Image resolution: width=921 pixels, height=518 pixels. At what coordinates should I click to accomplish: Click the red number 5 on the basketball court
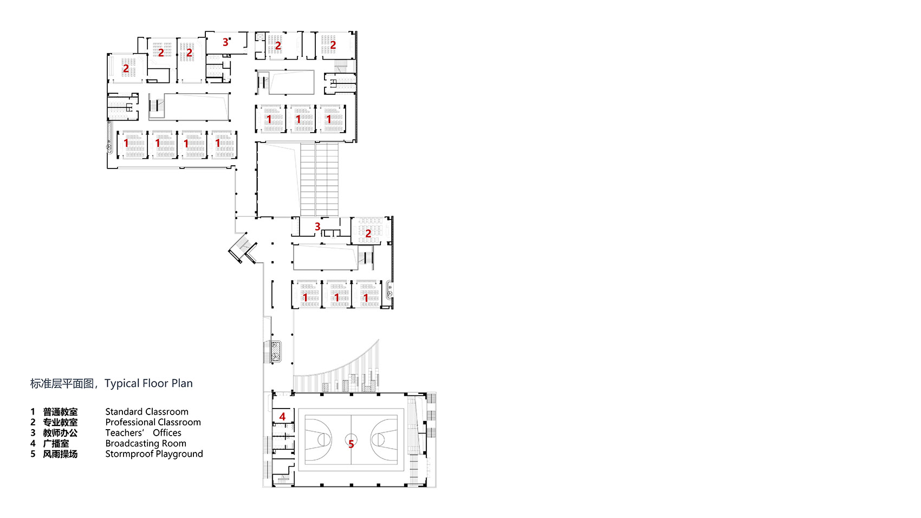click(351, 444)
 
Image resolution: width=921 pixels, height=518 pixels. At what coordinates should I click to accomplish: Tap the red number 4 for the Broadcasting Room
click(282, 417)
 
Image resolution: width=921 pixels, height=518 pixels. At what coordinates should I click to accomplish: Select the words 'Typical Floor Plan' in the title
click(148, 384)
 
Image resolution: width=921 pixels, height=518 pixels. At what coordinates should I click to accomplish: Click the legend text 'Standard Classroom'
click(147, 412)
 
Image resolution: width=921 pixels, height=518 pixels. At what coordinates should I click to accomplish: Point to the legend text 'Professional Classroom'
click(153, 422)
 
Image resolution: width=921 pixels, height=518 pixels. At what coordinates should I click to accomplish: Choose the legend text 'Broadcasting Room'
click(146, 443)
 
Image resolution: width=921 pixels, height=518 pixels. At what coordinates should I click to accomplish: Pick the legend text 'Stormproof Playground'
click(154, 454)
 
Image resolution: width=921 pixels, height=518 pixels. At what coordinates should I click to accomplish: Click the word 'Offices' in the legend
click(167, 433)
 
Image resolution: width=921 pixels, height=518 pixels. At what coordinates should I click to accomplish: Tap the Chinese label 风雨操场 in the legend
click(60, 454)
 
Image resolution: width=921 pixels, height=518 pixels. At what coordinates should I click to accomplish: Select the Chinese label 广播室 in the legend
click(56, 443)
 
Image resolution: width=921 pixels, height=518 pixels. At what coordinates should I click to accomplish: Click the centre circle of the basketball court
click(351, 438)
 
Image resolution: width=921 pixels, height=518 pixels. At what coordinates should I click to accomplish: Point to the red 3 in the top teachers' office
click(225, 42)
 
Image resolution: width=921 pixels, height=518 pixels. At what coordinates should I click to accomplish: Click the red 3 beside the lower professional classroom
click(317, 226)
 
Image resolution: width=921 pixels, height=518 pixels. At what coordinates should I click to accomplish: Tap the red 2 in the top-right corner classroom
click(333, 45)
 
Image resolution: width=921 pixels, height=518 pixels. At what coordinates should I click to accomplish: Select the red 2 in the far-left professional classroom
click(126, 69)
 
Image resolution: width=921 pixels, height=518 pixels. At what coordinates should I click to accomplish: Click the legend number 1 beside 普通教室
click(33, 412)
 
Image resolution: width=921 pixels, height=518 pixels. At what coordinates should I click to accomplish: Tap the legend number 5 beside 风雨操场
click(33, 454)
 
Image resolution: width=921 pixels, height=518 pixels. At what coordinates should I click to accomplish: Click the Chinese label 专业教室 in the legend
click(60, 422)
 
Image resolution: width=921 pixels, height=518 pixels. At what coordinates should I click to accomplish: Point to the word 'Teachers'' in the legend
click(125, 433)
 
